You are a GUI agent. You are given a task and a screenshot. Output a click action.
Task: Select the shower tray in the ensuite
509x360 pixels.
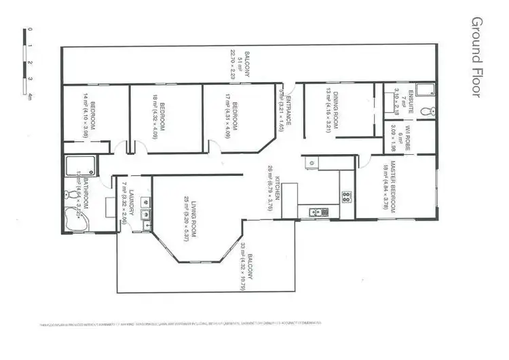click(424, 90)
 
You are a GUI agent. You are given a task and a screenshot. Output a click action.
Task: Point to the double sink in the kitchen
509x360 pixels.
click(316, 213)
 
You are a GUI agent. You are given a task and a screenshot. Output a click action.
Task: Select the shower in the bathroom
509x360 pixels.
click(80, 167)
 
